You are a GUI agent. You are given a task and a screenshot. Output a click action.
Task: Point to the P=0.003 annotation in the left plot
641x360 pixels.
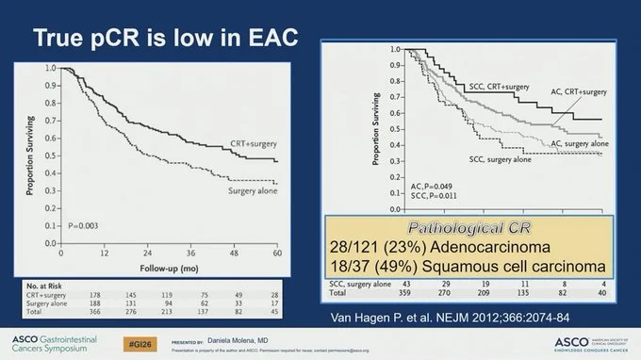coord(84,227)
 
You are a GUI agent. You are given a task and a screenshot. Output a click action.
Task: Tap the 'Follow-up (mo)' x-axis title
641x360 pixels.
coord(169,267)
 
